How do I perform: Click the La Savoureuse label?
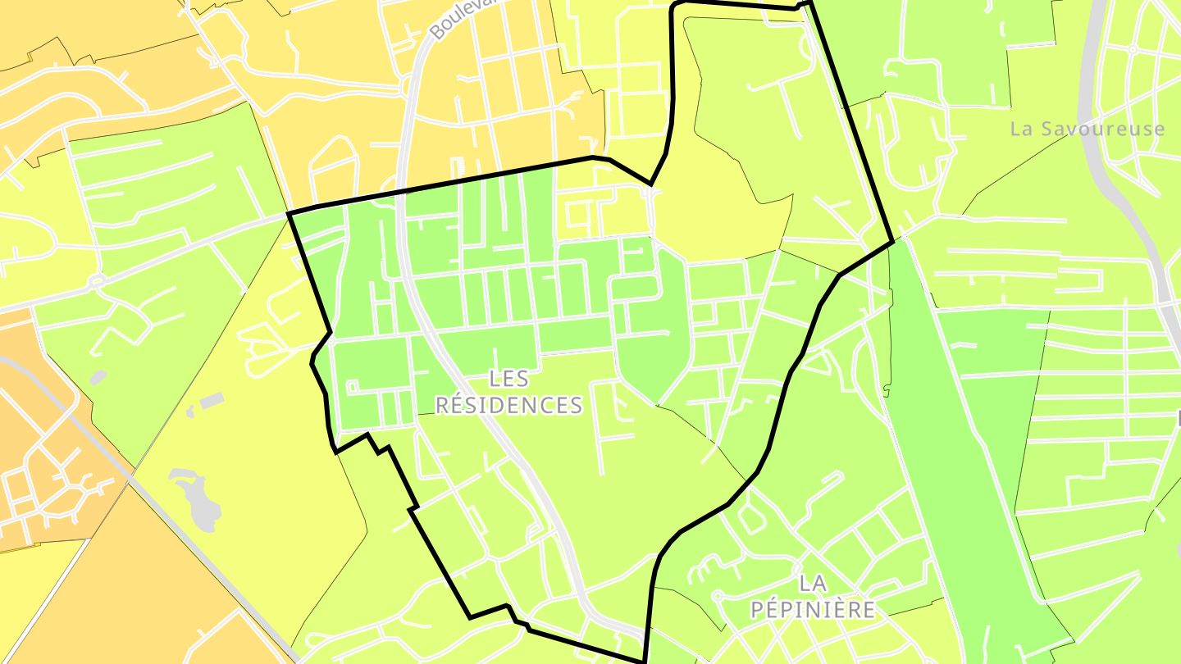[x=1087, y=130]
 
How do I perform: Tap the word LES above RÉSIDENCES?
[x=508, y=379]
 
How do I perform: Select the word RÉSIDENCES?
[x=508, y=405]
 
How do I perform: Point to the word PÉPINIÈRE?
[x=813, y=610]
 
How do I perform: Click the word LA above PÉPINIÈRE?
[x=813, y=584]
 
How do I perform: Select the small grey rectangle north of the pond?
[x=212, y=401]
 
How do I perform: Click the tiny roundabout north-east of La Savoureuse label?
[x=1133, y=49]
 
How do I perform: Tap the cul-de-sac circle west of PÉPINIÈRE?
[x=715, y=595]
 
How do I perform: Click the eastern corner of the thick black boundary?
[x=892, y=242]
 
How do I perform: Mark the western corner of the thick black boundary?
[x=290, y=214]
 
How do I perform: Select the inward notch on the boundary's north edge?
[x=651, y=184]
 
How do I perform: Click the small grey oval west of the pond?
[x=98, y=377]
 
